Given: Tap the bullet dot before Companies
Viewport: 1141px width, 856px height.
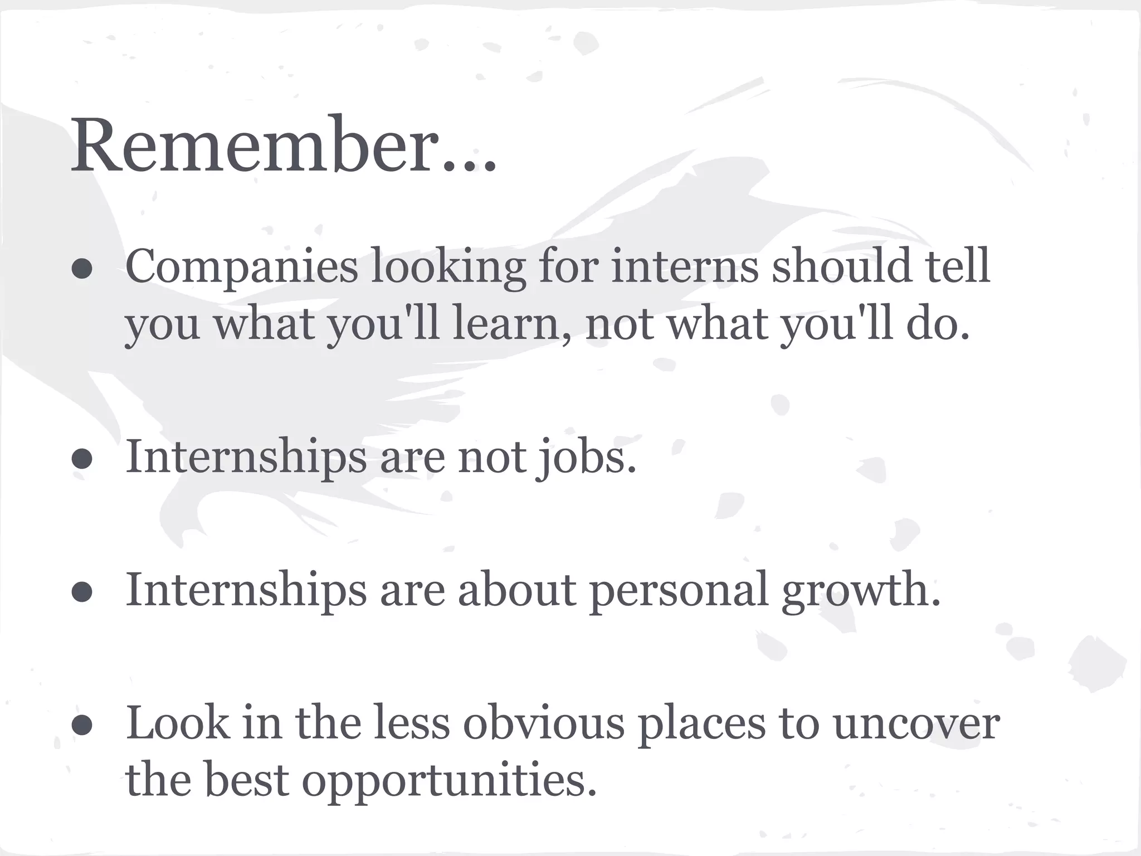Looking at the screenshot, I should (82, 269).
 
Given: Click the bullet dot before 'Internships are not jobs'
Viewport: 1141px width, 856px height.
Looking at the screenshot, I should (82, 460).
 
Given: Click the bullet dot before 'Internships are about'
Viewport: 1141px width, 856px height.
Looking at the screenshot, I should (82, 592).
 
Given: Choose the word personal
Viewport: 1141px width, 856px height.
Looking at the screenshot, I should (679, 591).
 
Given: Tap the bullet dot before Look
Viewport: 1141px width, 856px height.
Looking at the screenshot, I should (82, 726).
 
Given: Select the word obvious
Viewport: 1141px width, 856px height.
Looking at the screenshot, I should (544, 723).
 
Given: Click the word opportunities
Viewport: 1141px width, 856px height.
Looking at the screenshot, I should (445, 780).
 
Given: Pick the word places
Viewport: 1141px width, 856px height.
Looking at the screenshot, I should (701, 724).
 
